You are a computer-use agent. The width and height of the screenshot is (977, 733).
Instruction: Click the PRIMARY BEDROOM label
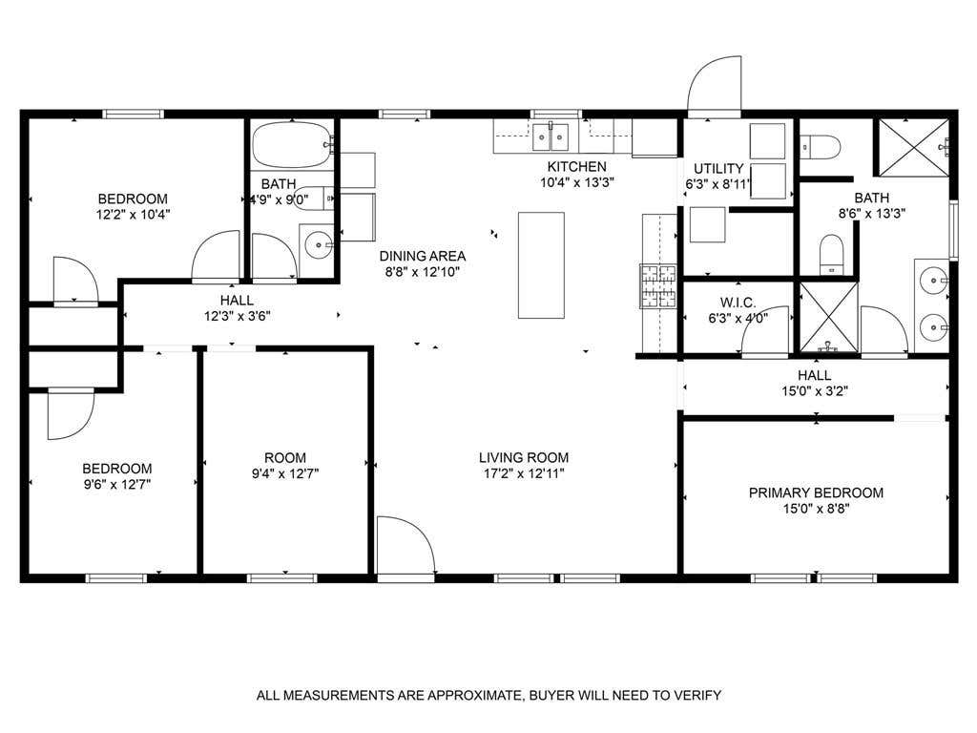coord(816,492)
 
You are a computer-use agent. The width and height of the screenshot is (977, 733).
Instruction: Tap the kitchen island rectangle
coord(542,265)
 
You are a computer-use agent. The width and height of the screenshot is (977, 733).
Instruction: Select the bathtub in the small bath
coord(292,145)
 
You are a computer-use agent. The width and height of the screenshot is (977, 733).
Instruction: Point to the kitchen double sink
coord(551,137)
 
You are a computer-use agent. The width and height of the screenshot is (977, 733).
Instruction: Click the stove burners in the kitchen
coord(658,286)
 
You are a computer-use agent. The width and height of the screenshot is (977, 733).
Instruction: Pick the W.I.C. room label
coord(738,303)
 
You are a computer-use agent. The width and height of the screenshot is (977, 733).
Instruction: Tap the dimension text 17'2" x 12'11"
coord(524,473)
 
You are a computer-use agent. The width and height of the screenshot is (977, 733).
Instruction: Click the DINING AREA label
coord(423,256)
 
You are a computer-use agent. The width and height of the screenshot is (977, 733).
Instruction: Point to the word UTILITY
coord(718,168)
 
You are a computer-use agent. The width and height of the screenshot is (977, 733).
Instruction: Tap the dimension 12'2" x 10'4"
coord(133,215)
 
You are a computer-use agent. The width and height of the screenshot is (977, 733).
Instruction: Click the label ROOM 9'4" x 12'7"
coord(285,466)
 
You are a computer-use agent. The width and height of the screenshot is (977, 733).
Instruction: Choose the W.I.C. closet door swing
coord(765,331)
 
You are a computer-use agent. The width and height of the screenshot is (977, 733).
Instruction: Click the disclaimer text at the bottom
coord(488,695)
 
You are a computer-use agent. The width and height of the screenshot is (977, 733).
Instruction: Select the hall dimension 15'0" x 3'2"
coord(815,391)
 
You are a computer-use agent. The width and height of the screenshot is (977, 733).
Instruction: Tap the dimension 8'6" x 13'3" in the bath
coord(872,213)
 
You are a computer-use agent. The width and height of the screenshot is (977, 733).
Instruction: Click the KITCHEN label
coord(576,166)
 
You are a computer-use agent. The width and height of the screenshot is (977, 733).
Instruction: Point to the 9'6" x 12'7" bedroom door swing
coord(71,413)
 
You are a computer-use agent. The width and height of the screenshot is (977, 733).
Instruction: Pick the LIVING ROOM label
coord(524,457)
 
